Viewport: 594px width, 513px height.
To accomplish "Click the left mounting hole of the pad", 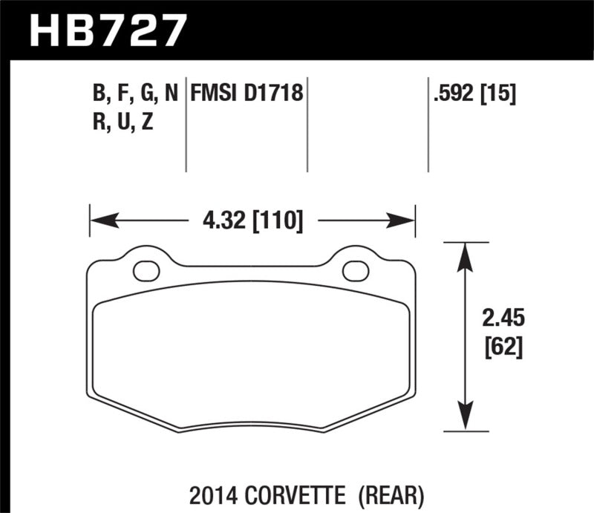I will point(146,271).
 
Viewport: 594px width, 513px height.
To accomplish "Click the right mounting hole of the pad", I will point(356,271).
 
